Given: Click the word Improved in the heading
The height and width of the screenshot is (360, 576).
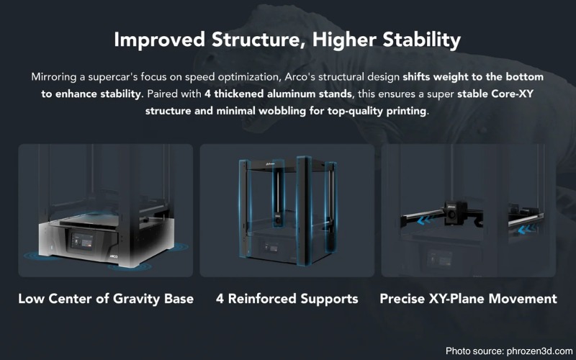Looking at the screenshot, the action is (x=159, y=40).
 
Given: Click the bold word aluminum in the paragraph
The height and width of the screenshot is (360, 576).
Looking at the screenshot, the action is (x=291, y=94).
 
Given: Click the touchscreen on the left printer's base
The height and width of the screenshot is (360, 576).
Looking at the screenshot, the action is (x=81, y=241).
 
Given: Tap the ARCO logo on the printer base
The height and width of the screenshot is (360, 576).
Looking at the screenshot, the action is (x=114, y=256).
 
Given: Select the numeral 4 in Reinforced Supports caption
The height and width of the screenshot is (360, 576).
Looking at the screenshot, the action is (x=220, y=299).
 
